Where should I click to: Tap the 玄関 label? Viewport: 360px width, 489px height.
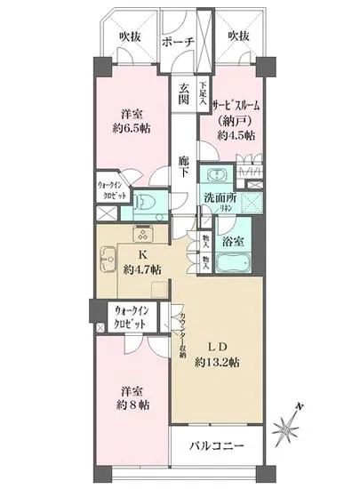(183, 93)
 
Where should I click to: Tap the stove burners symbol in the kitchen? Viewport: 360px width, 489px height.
(142, 233)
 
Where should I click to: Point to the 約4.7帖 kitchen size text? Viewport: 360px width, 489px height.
(142, 269)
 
